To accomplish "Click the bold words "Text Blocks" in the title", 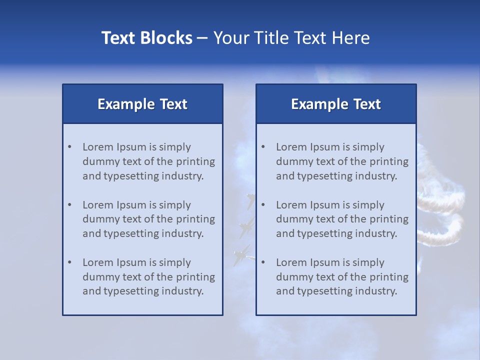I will (146, 38).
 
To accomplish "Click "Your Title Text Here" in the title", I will (291, 38).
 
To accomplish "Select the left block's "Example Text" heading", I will (142, 104).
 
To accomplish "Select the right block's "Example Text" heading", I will (336, 104).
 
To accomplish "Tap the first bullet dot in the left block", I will (70, 147).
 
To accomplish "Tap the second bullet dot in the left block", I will (70, 205).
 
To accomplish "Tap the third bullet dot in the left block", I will (70, 262).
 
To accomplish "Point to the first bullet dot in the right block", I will (263, 147).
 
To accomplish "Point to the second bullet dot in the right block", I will (263, 205).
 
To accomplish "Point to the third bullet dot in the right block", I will (263, 262).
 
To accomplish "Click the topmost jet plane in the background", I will (250, 201).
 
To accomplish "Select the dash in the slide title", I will (202, 38).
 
